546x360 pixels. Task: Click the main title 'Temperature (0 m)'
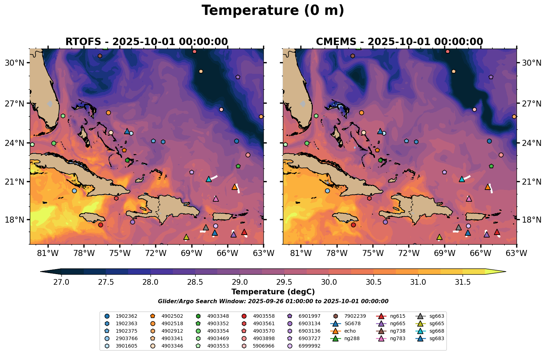pos(273,11)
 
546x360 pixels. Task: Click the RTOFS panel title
pos(146,42)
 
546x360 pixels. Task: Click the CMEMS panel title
pos(399,42)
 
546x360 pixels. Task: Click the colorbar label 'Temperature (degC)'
pos(273,292)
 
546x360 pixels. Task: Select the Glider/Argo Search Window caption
pos(273,301)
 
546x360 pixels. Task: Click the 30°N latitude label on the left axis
pos(14,63)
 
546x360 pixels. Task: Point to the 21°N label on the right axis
pos(531,182)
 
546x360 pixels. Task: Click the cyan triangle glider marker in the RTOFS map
pos(209,179)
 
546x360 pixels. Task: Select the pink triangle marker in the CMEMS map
pos(469,198)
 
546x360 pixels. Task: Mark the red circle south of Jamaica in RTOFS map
pos(100,225)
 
